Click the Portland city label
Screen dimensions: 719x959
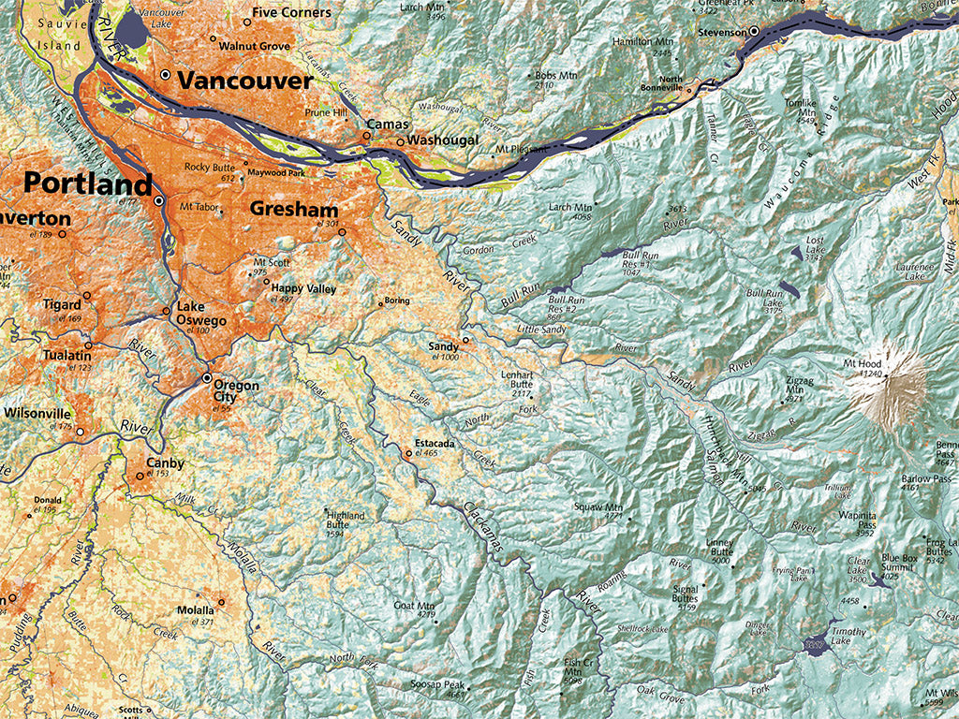tap(88, 183)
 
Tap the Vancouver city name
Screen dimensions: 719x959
tap(244, 81)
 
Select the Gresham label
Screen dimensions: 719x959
tap(294, 209)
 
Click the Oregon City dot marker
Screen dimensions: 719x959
tap(207, 378)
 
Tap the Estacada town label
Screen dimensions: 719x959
tap(435, 443)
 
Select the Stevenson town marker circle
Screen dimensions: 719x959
tap(753, 32)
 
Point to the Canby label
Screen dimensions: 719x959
tap(166, 463)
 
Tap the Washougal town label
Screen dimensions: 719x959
tap(444, 140)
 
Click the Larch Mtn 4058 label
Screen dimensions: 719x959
tap(571, 207)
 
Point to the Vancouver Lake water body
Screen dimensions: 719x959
tap(134, 35)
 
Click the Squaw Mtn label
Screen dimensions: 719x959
tap(599, 506)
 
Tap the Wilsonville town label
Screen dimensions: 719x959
tap(37, 413)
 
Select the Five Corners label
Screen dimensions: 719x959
tap(291, 12)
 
